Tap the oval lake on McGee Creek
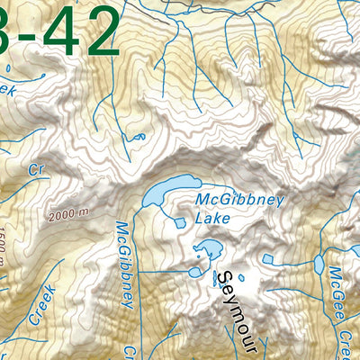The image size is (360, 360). tap(318, 265)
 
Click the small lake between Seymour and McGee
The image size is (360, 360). tap(267, 259)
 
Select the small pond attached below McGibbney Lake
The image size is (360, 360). tap(180, 220)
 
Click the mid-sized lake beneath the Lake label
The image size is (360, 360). tap(207, 249)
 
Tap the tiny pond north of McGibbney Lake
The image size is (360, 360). tap(139, 138)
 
